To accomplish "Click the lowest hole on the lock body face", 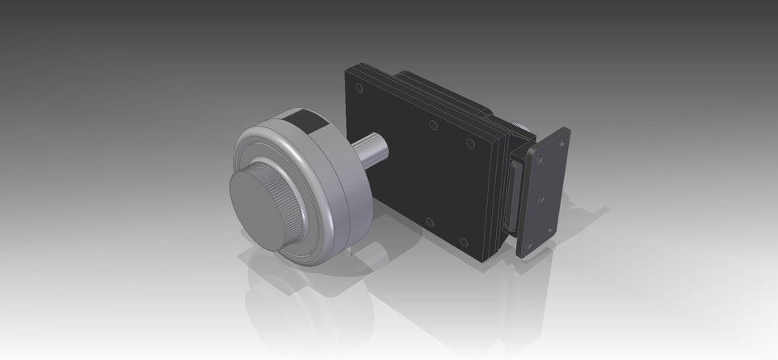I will click(x=463, y=242).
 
